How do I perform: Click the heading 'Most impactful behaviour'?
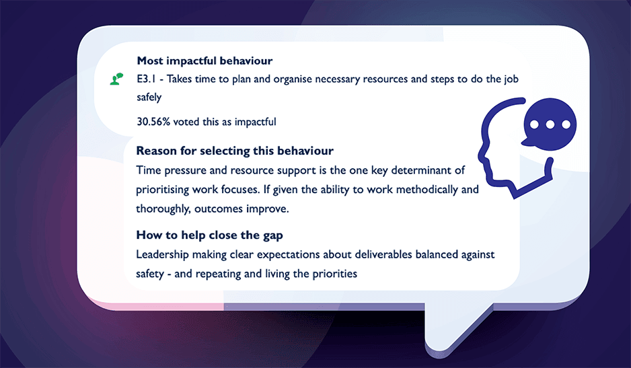click(x=205, y=61)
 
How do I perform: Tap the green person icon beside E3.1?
click(x=116, y=79)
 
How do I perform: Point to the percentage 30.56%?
click(x=153, y=122)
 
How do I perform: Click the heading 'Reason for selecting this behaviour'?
click(x=235, y=151)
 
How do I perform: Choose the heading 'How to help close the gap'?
click(x=209, y=235)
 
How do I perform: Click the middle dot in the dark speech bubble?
click(x=550, y=124)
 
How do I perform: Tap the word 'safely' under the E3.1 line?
click(x=149, y=98)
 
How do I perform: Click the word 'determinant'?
click(x=420, y=170)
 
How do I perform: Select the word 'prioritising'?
click(x=162, y=190)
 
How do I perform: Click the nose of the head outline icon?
click(x=481, y=155)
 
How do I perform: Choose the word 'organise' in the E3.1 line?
click(x=293, y=79)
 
